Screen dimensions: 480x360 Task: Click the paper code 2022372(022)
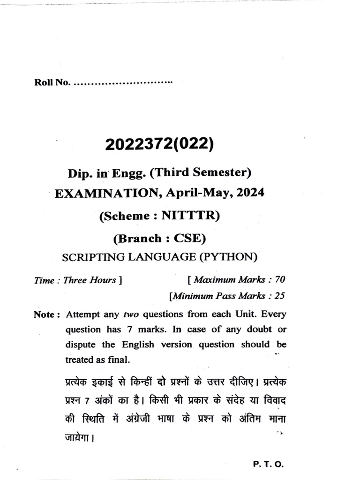tap(159, 145)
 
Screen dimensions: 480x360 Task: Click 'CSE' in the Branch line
tap(189, 238)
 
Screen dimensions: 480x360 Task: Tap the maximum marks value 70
tap(280, 280)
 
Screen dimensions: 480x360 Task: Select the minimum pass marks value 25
tap(279, 296)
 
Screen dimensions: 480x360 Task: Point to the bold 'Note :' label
tap(47, 315)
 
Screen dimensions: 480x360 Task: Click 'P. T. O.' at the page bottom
tap(268, 464)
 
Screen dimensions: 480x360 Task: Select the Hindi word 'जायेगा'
tap(78, 440)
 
